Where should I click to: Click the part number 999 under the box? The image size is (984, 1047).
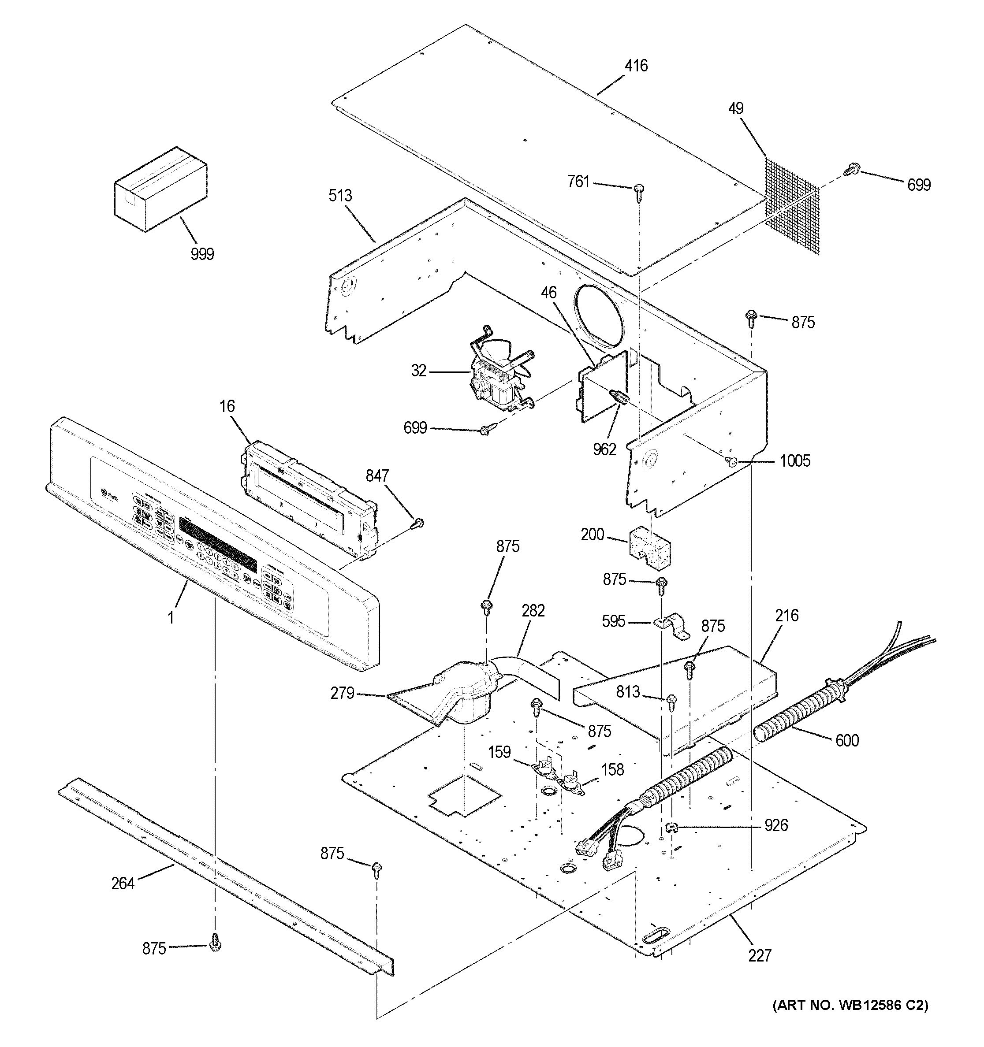point(202,254)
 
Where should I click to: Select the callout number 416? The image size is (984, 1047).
point(636,66)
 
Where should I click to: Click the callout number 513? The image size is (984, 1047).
point(340,196)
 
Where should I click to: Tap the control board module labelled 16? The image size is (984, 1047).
point(308,492)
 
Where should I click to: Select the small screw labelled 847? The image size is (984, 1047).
point(419,523)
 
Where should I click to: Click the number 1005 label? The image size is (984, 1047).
point(795,461)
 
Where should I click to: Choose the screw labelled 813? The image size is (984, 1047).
point(671,701)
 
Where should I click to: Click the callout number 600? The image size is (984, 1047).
point(847,740)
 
